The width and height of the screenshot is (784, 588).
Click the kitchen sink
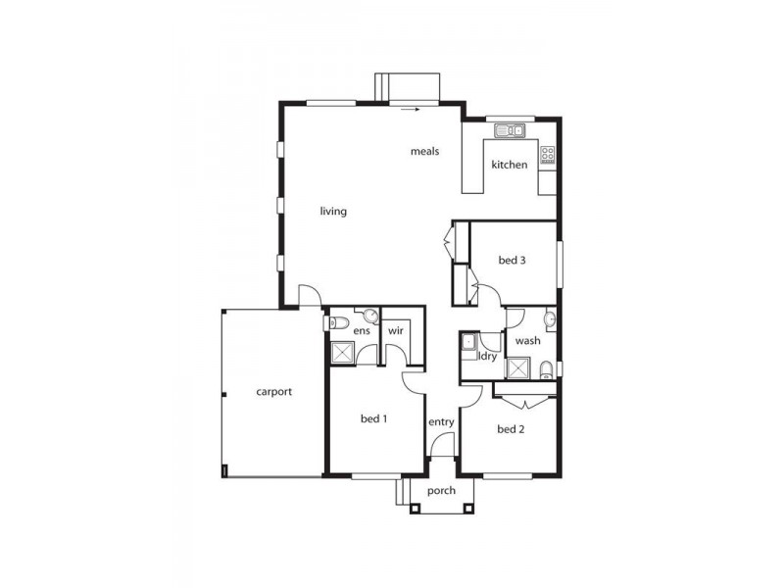(510, 129)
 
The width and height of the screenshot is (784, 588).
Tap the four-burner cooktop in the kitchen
(548, 154)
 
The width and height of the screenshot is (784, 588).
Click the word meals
(424, 152)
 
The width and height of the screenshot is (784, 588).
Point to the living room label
(333, 211)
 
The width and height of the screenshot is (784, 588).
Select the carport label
(274, 392)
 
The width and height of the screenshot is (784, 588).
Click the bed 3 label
(513, 261)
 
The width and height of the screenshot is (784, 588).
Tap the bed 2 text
(512, 429)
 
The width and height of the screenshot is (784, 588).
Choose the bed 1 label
(374, 419)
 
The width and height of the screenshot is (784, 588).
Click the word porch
(441, 490)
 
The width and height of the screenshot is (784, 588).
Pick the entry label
(441, 422)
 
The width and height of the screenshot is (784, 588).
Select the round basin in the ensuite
(370, 316)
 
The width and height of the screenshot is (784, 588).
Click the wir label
(396, 331)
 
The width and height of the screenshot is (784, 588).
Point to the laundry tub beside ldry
(469, 342)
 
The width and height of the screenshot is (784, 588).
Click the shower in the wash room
(516, 367)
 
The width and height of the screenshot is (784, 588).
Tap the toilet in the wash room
(546, 369)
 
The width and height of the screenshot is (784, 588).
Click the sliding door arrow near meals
(411, 110)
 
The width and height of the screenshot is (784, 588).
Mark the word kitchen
(510, 165)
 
